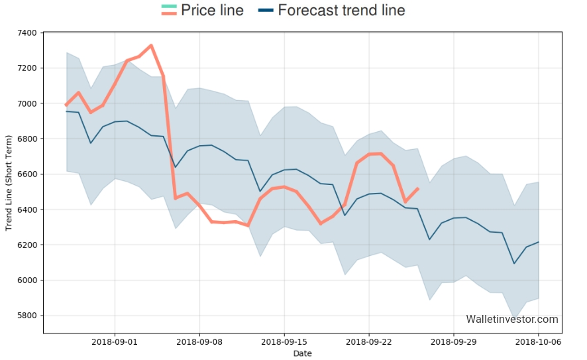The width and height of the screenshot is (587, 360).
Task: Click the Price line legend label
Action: (x=213, y=11)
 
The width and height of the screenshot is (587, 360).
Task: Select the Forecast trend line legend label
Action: (x=341, y=11)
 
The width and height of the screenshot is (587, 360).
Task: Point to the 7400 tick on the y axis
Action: (x=27, y=32)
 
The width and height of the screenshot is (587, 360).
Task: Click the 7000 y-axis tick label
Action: (x=27, y=103)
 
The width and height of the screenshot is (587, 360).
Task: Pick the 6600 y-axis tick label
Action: (x=27, y=174)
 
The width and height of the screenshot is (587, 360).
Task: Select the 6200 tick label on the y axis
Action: (x=27, y=245)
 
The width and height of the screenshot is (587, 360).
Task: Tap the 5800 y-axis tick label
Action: (x=27, y=316)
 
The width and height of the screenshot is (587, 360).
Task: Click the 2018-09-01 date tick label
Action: (x=115, y=342)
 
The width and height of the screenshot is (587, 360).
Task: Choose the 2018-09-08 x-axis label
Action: (x=199, y=342)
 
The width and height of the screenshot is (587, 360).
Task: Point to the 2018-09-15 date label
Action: (x=284, y=342)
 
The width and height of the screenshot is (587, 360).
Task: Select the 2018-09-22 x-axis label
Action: (x=368, y=342)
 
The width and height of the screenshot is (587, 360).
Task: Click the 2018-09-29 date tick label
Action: (x=453, y=342)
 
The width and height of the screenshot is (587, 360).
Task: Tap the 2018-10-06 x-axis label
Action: (x=537, y=342)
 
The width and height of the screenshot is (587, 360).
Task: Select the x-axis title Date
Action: (x=302, y=353)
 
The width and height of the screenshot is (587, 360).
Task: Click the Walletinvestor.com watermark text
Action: (x=511, y=320)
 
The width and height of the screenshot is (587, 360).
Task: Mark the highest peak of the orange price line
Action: (x=151, y=45)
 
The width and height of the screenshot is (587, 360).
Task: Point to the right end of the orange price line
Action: (x=417, y=188)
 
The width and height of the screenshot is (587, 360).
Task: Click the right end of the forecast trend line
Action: (x=538, y=242)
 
